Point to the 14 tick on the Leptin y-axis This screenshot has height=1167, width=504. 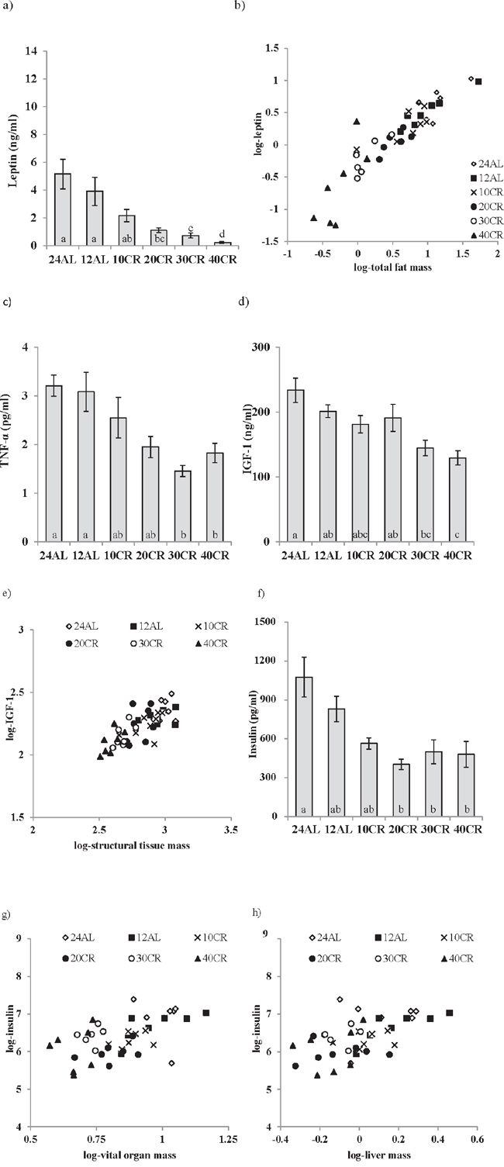pyautogui.click(x=33, y=51)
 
